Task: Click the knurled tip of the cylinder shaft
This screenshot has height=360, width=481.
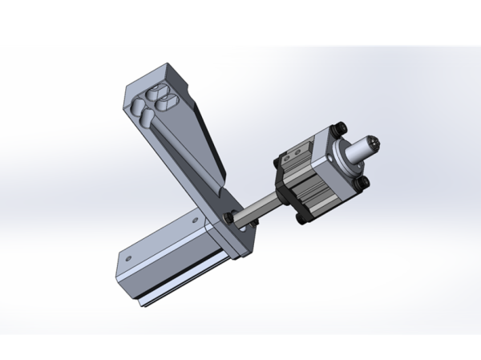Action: [374, 145]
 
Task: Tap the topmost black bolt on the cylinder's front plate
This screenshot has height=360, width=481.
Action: [342, 126]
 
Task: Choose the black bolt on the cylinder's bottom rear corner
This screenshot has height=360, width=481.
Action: [299, 218]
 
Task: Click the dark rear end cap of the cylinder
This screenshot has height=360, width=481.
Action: [283, 184]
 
